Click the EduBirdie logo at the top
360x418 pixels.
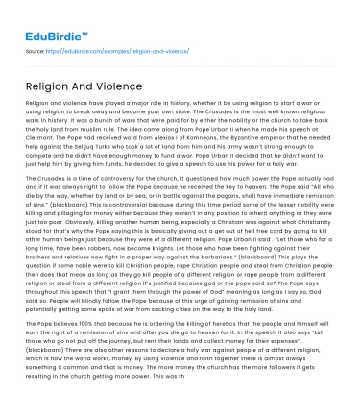(x=45, y=20)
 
